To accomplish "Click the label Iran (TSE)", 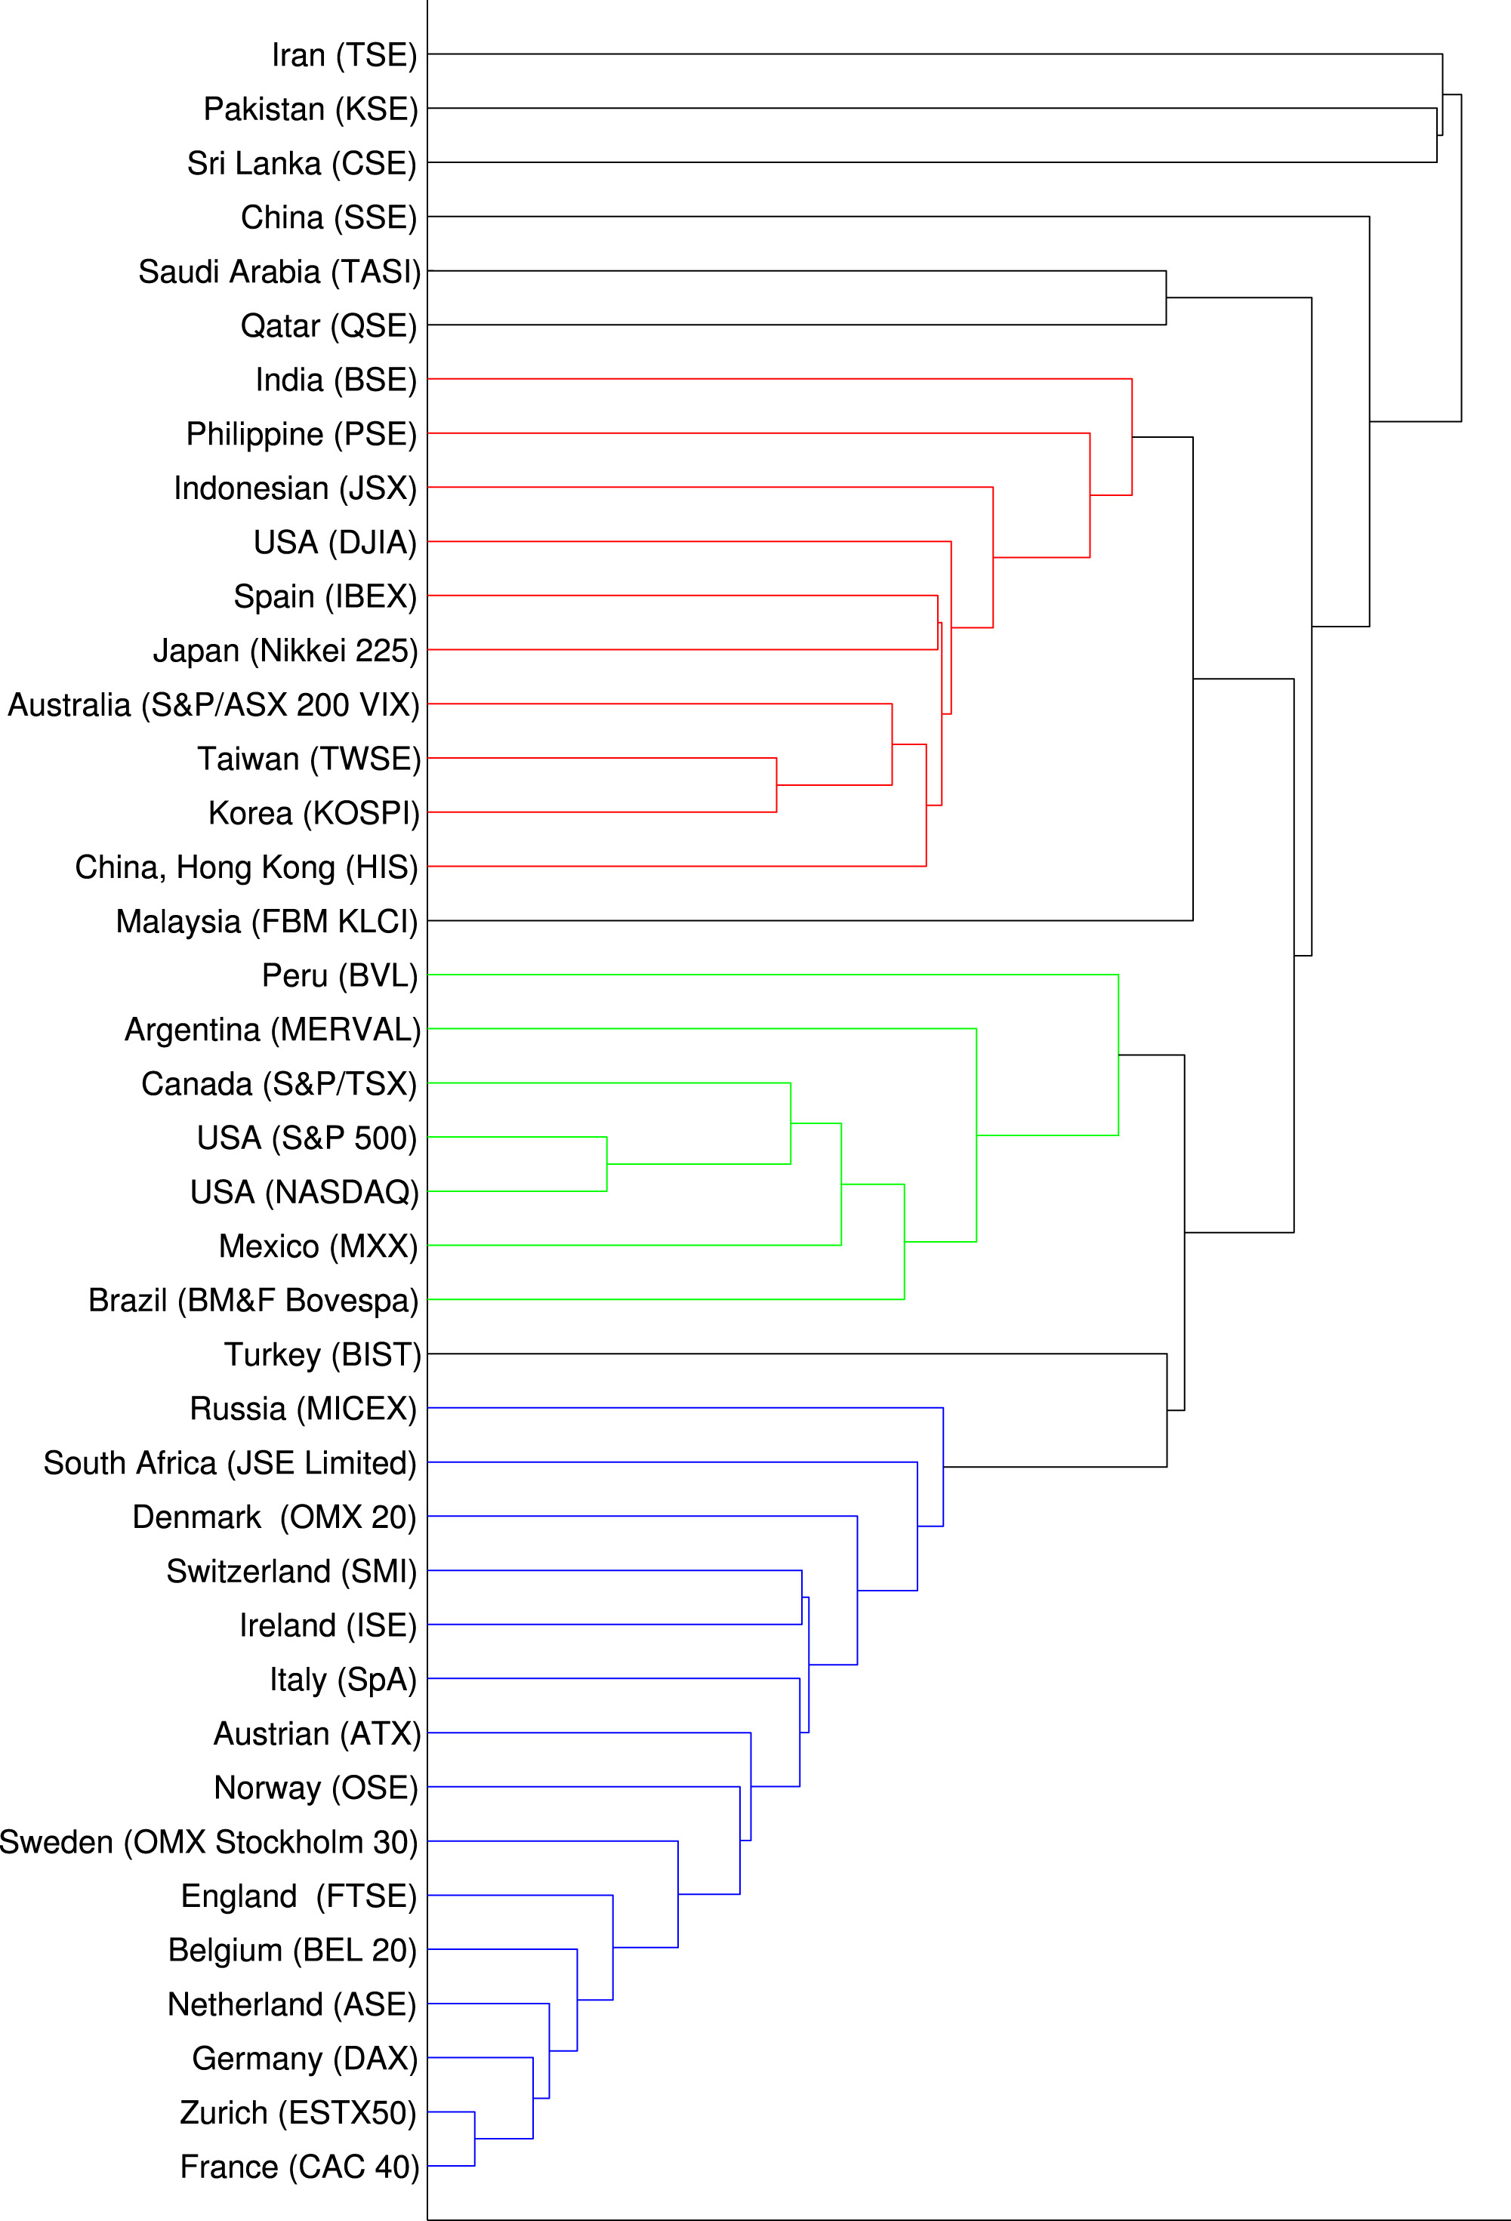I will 344,55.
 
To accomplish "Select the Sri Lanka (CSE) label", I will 302,163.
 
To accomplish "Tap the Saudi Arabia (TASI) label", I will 279,273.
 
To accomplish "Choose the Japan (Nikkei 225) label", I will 285,651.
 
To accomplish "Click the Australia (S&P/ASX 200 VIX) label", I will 213,705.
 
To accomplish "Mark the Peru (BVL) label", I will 339,976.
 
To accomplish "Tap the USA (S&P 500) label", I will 307,1138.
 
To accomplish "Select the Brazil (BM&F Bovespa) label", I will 253,1301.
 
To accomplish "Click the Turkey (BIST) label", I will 322,1355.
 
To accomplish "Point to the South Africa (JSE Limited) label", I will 230,1463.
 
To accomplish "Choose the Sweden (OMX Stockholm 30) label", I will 208,1843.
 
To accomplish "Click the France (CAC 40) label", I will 299,2167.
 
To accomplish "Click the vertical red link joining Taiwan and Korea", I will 776,784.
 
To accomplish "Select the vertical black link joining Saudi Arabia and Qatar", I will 1166,298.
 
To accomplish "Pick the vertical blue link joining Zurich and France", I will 475,2139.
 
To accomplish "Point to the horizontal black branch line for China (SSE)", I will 899,217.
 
